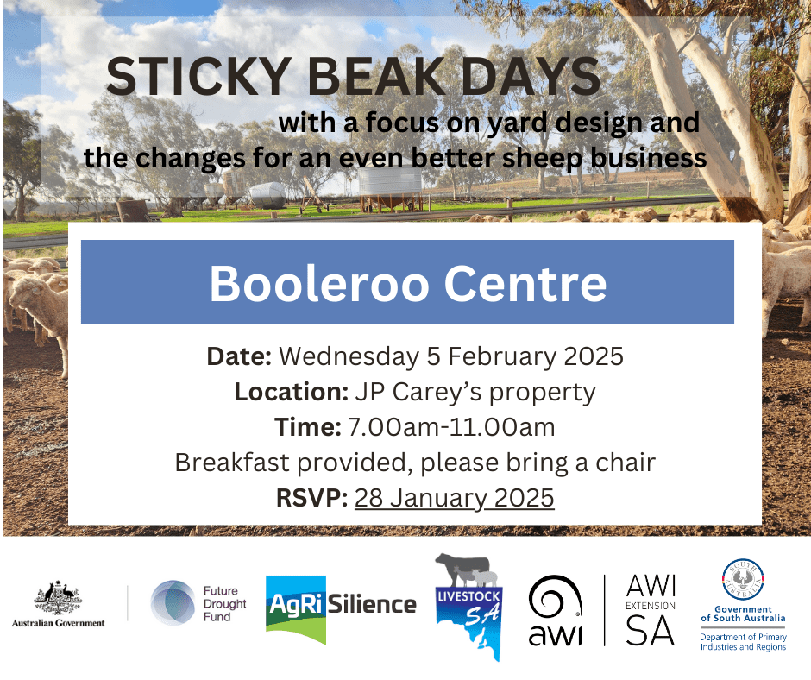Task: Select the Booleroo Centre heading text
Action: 407,283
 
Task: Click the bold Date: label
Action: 239,356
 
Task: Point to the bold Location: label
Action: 292,392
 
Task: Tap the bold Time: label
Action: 308,427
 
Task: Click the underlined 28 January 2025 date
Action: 454,498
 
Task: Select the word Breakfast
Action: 232,463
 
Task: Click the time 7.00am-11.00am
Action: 451,427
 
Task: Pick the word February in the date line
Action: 502,357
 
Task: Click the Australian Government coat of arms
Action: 58,597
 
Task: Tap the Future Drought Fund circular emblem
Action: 173,603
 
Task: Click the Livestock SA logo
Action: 468,607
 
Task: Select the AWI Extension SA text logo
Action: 651,609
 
